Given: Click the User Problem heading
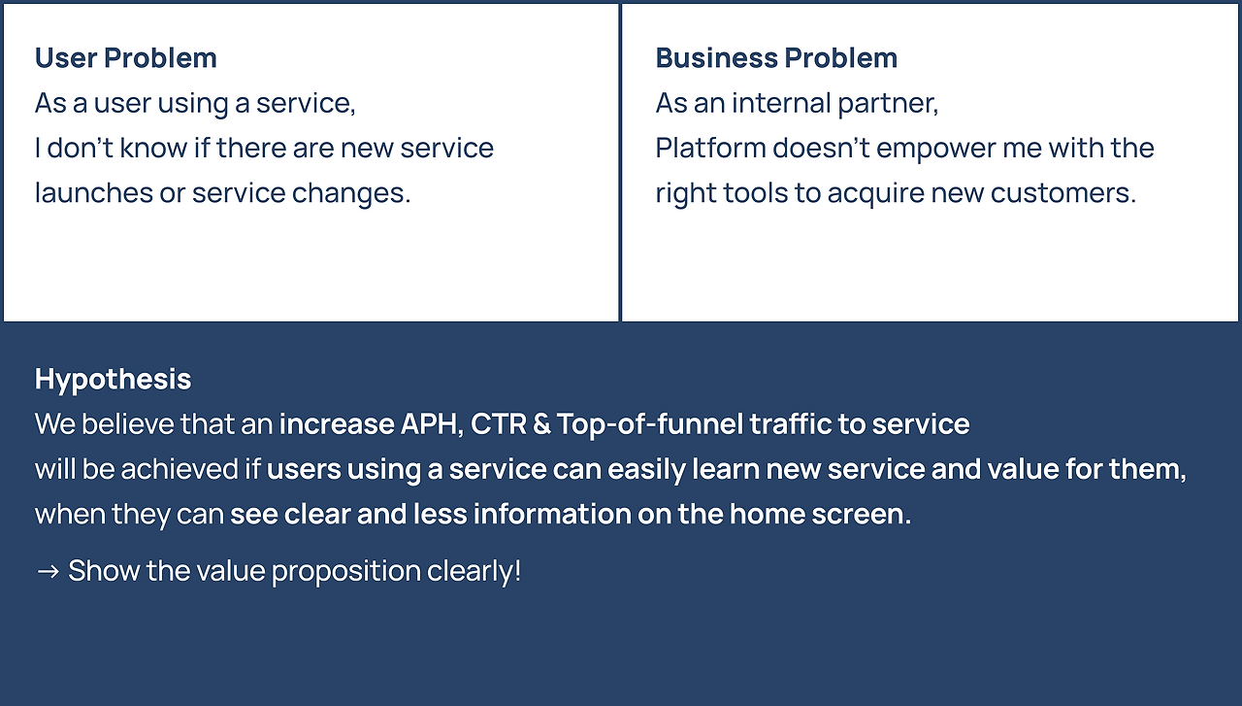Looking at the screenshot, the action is pos(126,57).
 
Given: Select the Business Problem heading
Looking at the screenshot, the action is pos(776,57).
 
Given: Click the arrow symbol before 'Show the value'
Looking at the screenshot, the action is pos(48,571).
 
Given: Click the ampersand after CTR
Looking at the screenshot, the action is pos(541,424).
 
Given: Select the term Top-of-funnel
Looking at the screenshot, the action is pos(649,424).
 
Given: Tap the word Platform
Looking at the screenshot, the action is pos(711,148).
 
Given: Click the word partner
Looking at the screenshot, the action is pos(888,104).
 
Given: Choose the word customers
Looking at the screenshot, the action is pos(1063,193).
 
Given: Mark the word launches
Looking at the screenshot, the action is pos(94,192).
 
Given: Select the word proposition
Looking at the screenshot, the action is pos(346,571).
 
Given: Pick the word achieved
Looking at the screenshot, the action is pos(180,469).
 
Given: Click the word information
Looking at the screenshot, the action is pos(552,514).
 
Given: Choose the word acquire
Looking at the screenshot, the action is pos(876,194).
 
